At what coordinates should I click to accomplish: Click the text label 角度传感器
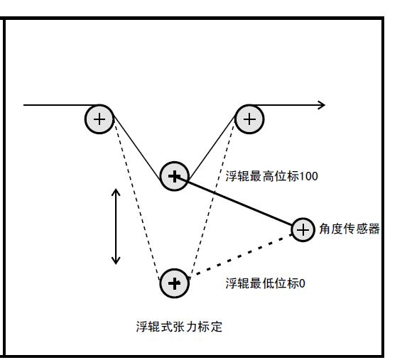coord(349,229)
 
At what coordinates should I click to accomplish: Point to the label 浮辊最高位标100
coord(272,176)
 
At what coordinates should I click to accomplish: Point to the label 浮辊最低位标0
coord(265,283)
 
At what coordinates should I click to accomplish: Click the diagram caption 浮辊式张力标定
coord(180,327)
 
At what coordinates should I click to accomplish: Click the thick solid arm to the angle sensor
coord(234,201)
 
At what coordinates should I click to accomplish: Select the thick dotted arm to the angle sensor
coord(244,253)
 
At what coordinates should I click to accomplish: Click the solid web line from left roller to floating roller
coord(138,148)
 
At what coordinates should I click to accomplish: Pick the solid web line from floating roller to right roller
coord(212,148)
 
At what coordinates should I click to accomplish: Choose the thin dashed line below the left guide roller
coord(136,202)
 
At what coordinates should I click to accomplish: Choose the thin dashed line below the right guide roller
coord(212,202)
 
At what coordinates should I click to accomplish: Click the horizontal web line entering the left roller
coord(62,105)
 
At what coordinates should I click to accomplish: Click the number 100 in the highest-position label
coord(309,177)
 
